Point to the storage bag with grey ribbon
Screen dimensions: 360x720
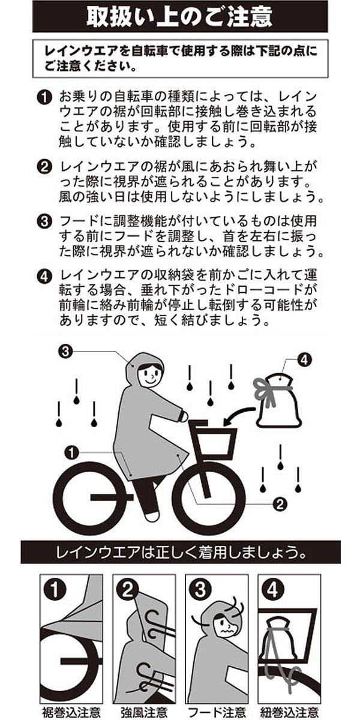coord(278,400)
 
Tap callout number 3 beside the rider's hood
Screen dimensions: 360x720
coord(65,352)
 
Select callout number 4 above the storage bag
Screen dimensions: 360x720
coord(304,359)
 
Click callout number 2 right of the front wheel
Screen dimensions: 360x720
coord(280,504)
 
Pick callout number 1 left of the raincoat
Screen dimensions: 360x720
coord(71,452)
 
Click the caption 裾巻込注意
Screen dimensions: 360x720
coord(71,710)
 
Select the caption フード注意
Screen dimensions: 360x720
coord(217,710)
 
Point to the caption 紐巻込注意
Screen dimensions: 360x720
coord(290,710)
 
